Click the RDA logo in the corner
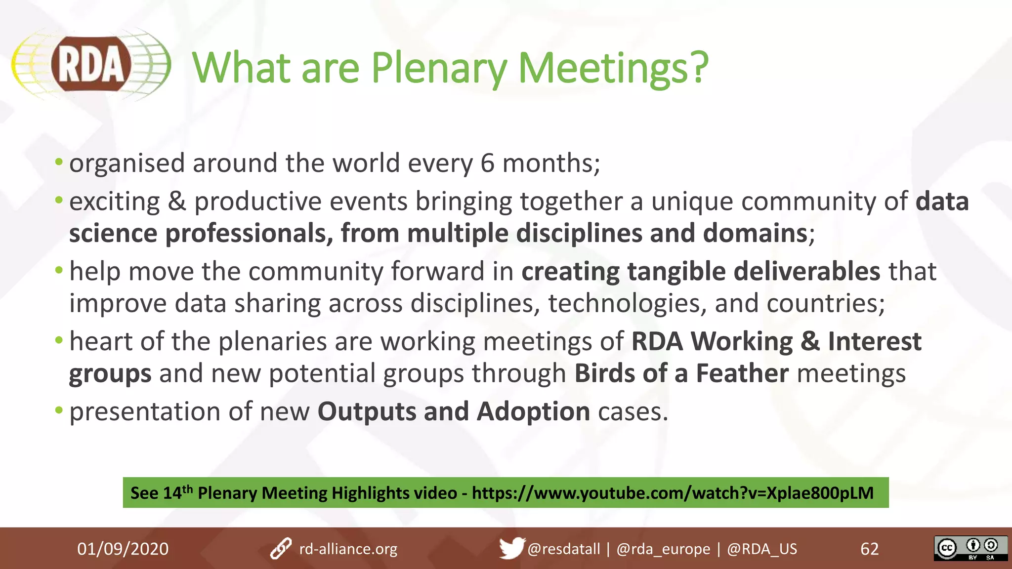click(x=91, y=64)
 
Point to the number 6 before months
click(x=487, y=163)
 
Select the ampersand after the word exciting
click(x=177, y=202)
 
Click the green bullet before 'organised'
click(x=59, y=162)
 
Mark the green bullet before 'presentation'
click(x=59, y=410)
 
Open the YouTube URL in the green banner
click(x=673, y=493)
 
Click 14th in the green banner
click(x=177, y=492)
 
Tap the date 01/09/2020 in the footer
click(x=123, y=549)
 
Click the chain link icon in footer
click(x=281, y=549)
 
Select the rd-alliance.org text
click(x=348, y=549)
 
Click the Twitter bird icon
click(x=511, y=548)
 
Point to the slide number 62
click(x=869, y=549)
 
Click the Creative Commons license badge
click(x=970, y=548)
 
